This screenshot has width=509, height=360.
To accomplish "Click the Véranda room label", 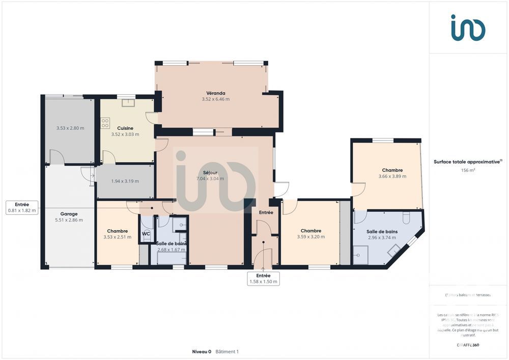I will (x=215, y=93).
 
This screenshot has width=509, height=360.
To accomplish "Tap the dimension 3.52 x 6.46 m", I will (x=215, y=99).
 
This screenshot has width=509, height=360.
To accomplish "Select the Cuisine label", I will (x=125, y=128).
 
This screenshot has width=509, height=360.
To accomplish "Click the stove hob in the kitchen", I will (x=105, y=123).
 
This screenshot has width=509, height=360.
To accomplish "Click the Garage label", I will (x=69, y=214).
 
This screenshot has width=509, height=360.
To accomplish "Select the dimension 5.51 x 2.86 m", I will (x=69, y=220).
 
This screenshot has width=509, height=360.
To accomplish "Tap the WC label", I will (x=146, y=234).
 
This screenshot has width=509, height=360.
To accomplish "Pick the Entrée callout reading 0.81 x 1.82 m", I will (x=21, y=207).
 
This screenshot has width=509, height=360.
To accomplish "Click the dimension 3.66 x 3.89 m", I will (x=392, y=177).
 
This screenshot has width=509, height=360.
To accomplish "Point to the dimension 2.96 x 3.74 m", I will (x=382, y=237).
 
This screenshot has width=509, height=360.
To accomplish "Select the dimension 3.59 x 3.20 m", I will (x=310, y=237).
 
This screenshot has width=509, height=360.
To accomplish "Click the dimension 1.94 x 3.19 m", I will (x=125, y=181).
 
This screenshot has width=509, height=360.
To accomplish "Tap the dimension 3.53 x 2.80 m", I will (x=70, y=128).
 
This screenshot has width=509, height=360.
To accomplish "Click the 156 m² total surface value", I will (x=468, y=171).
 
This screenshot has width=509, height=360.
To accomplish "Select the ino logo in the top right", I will (x=468, y=28).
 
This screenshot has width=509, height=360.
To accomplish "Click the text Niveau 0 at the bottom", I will (x=202, y=351).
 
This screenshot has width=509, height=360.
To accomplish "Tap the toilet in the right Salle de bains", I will (x=406, y=218).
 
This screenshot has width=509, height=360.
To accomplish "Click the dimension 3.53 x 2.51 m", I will (x=117, y=237).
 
